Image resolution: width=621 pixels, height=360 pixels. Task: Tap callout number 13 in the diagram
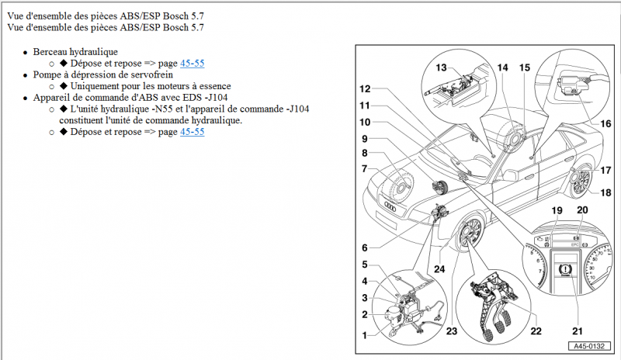point(441,67)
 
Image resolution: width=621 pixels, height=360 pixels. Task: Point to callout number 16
point(605,123)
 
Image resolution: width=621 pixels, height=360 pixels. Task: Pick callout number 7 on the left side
point(364,168)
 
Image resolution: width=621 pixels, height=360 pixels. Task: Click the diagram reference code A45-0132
point(588,347)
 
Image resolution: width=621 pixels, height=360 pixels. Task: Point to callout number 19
point(557,210)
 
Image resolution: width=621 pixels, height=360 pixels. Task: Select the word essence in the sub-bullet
point(213,86)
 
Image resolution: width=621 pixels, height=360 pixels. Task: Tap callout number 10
point(364,122)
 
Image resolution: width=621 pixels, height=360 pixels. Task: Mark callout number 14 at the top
point(502,67)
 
